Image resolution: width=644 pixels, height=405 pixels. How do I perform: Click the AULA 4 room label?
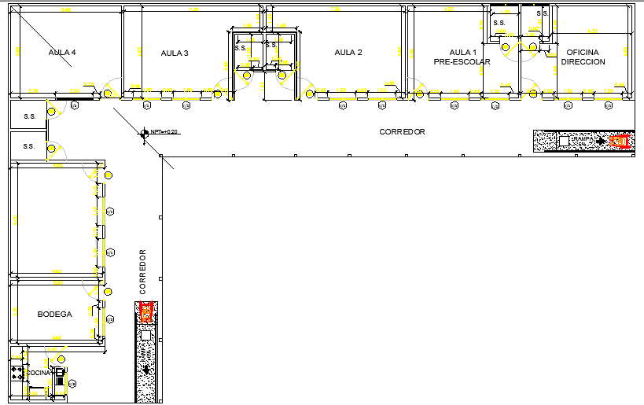pyautogui.click(x=62, y=53)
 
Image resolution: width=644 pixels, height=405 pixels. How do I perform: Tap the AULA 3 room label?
pyautogui.click(x=175, y=53)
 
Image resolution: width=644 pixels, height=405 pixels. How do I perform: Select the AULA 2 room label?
pyautogui.click(x=348, y=53)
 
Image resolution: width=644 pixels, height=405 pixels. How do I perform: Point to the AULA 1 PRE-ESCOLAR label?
pyautogui.click(x=462, y=57)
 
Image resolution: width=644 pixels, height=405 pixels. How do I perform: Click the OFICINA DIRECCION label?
pyautogui.click(x=583, y=57)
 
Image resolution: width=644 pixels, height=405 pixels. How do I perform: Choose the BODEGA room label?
pyautogui.click(x=54, y=314)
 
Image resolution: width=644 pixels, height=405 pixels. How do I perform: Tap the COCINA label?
pyautogui.click(x=38, y=373)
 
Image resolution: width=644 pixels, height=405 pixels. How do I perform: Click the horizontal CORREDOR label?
pyautogui.click(x=402, y=132)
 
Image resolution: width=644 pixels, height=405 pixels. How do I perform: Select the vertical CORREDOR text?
pyautogui.click(x=143, y=272)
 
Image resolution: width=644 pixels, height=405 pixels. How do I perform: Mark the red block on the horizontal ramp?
pyautogui.click(x=620, y=142)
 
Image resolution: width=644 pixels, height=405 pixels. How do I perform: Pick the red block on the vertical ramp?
pyautogui.click(x=145, y=313)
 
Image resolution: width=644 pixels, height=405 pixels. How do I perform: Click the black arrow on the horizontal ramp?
pyautogui.click(x=601, y=141)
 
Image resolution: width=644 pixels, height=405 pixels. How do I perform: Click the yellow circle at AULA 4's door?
pyautogui.click(x=108, y=94)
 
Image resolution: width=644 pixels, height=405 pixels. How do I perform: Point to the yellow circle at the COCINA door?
pyautogui.click(x=61, y=359)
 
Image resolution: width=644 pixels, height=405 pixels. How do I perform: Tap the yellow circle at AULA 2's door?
pyautogui.click(x=310, y=94)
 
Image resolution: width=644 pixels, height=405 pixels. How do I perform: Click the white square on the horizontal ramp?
pyautogui.click(x=564, y=142)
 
